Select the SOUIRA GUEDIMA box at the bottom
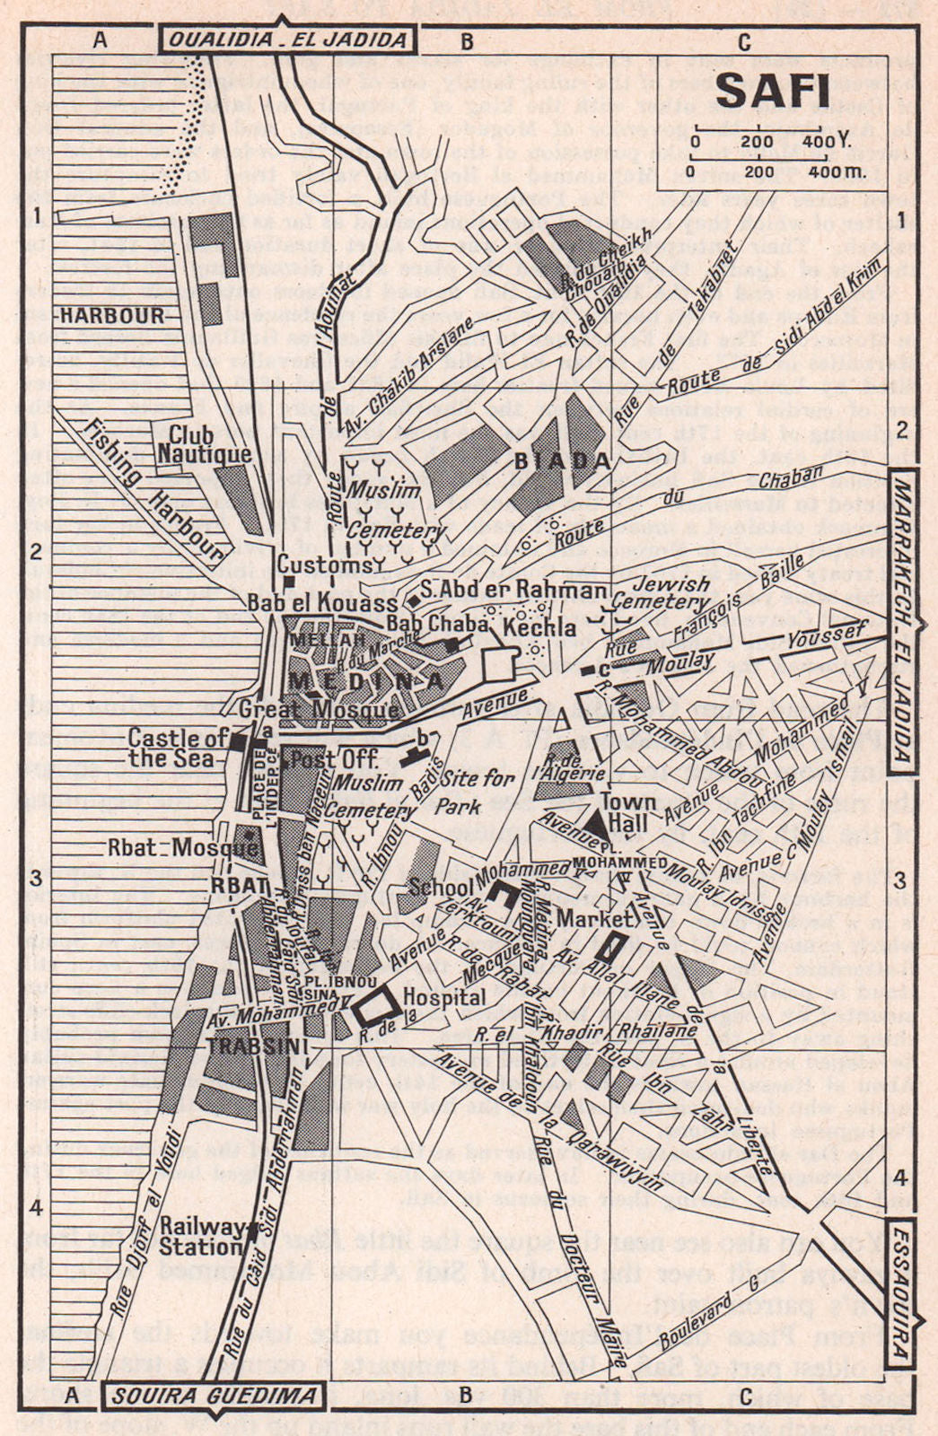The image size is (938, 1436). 214,1395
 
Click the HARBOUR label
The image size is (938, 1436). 112,315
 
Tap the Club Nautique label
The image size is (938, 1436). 205,443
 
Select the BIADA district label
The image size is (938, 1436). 563,461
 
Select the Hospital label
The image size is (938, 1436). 445,997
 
